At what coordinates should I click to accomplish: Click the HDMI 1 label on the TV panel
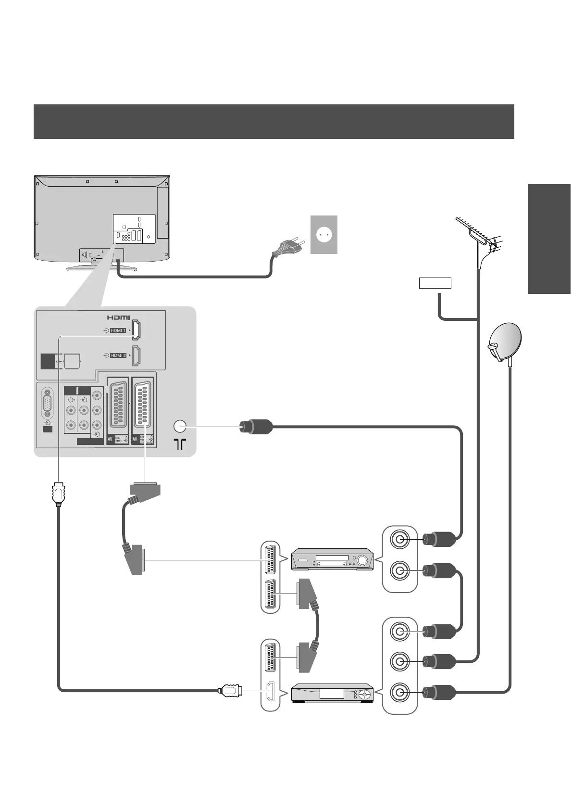click(x=118, y=330)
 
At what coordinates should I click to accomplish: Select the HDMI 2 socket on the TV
click(x=136, y=355)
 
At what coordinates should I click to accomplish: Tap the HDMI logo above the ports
click(x=118, y=317)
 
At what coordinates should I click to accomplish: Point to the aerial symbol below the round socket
click(x=179, y=444)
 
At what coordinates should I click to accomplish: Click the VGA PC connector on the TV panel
click(x=48, y=402)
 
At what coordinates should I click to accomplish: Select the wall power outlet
click(x=323, y=234)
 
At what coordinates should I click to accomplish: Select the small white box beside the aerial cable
click(x=435, y=283)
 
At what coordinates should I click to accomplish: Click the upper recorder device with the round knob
click(x=333, y=559)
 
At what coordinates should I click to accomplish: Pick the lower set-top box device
click(x=333, y=693)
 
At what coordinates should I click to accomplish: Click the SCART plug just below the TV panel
click(x=144, y=492)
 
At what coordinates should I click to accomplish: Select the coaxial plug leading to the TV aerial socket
click(x=256, y=427)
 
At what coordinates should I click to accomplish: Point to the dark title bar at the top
click(x=274, y=121)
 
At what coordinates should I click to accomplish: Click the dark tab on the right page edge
click(x=549, y=239)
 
